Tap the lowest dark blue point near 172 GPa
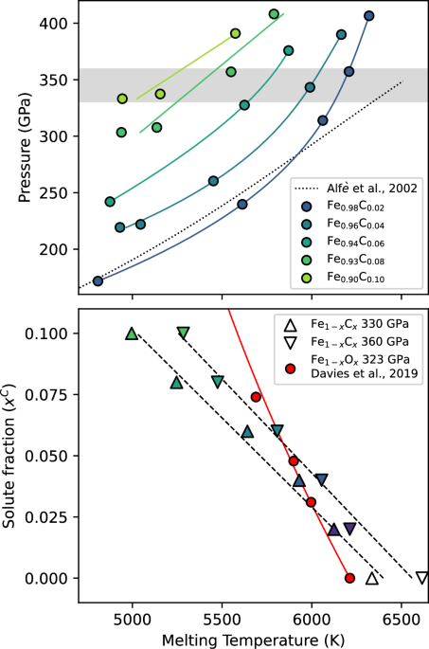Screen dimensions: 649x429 pyautogui.click(x=98, y=280)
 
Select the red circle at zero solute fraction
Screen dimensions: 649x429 pyautogui.click(x=349, y=578)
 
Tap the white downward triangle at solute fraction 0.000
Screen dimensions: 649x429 pyautogui.click(x=421, y=578)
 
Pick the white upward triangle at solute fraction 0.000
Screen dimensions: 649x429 pyautogui.click(x=372, y=578)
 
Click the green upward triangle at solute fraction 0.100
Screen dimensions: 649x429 pyautogui.click(x=132, y=334)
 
